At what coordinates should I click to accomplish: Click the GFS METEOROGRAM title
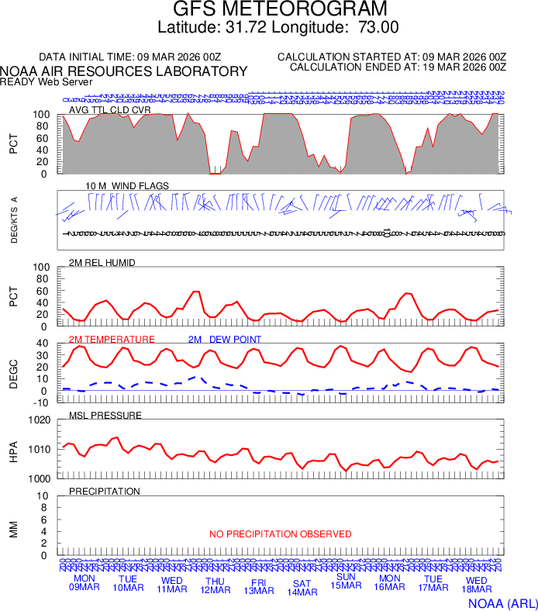(278, 9)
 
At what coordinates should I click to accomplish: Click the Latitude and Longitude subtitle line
(278, 27)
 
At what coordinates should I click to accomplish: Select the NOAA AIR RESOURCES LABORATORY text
(124, 71)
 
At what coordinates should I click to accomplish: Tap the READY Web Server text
(47, 81)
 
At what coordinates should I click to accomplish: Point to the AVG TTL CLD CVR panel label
(109, 110)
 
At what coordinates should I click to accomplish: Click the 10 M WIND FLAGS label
(127, 186)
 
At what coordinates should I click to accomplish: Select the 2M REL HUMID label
(102, 263)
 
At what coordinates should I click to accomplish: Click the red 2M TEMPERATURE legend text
(112, 340)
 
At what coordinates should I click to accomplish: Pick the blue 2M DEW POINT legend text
(225, 340)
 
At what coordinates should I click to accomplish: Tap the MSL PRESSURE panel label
(105, 416)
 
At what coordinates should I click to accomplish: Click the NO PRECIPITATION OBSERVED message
(280, 534)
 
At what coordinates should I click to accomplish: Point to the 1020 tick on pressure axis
(39, 420)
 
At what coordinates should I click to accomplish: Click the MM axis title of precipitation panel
(13, 527)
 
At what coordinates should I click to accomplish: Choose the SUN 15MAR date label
(346, 581)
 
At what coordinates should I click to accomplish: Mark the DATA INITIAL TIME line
(130, 57)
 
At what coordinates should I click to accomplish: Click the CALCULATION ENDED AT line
(398, 67)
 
